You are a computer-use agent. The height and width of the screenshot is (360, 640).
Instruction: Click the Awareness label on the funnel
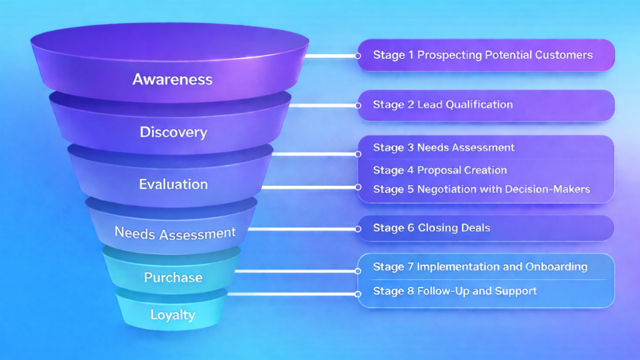(172, 79)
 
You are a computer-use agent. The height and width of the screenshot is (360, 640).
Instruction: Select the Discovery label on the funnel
(173, 132)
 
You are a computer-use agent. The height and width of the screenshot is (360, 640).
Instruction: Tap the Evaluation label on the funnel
(173, 184)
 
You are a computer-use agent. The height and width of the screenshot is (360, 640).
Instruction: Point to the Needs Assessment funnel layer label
(175, 233)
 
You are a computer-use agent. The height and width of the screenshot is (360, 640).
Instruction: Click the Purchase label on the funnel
(173, 277)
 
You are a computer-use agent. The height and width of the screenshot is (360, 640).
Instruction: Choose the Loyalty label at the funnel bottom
(173, 315)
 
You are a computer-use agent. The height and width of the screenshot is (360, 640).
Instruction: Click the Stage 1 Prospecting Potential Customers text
(482, 55)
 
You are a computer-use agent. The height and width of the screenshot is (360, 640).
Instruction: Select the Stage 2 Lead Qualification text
(442, 104)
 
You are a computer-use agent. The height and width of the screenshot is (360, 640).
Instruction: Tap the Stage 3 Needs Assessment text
(444, 147)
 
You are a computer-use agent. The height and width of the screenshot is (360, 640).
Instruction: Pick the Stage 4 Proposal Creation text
(440, 170)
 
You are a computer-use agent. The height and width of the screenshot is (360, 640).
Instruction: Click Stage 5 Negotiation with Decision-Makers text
(481, 189)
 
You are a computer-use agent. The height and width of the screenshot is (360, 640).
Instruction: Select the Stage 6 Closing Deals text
(431, 228)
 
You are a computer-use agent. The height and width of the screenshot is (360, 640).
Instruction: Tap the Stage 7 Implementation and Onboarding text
(480, 267)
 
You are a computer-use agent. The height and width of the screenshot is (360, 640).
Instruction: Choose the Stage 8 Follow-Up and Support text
(455, 291)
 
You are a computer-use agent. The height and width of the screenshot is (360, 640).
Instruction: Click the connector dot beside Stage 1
(358, 56)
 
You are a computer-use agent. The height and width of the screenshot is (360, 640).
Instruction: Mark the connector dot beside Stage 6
(358, 229)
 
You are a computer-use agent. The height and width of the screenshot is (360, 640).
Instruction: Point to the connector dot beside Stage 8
(358, 293)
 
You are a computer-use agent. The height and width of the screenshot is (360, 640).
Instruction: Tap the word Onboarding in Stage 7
(556, 267)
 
